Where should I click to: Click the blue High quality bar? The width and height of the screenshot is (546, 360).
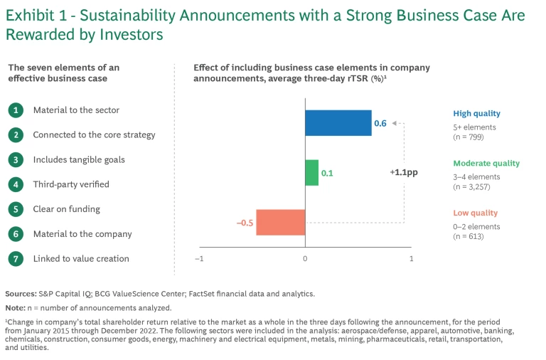tap(338, 123)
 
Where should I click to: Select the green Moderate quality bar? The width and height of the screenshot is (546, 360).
tap(311, 173)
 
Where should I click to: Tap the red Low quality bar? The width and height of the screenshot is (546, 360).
tap(280, 222)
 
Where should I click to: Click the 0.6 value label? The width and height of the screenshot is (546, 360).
tap(380, 123)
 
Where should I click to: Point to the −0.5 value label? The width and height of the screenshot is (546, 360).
tap(245, 223)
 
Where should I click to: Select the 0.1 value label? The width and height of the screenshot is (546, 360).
tap(327, 173)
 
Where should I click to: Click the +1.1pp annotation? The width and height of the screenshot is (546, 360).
tap(403, 172)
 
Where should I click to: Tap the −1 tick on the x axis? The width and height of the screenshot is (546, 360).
tap(199, 259)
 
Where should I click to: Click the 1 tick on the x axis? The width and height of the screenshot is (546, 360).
tap(411, 259)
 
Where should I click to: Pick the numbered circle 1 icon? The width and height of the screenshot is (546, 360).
tap(15, 110)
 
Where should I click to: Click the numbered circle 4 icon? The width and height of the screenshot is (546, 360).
tap(15, 184)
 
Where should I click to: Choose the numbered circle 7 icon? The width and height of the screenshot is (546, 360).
tap(15, 258)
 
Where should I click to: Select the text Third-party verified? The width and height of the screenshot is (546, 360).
tap(71, 184)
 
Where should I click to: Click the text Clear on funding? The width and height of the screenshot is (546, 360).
tap(66, 209)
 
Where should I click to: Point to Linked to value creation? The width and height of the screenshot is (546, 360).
tap(81, 258)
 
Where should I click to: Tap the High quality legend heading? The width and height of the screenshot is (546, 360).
tap(476, 113)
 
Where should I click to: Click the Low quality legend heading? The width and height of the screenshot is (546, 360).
tap(475, 213)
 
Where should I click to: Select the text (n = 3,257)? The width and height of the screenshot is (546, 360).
tap(471, 187)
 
